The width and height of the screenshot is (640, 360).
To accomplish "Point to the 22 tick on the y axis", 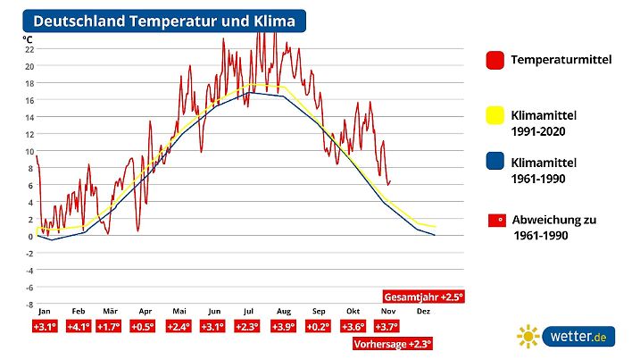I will click(29, 49).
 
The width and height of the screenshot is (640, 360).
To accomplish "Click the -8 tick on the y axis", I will click(29, 304).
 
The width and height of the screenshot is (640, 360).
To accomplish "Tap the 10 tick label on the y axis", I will click(29, 151).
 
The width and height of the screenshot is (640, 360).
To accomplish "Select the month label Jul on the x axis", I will click(248, 311).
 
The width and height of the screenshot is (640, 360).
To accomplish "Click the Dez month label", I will click(424, 311).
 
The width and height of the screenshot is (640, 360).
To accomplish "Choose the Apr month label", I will click(145, 311).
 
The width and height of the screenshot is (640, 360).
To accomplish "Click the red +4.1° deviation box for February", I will click(79, 327).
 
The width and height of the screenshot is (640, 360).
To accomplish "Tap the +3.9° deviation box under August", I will click(283, 327).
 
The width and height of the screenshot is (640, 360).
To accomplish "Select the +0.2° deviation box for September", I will click(318, 327).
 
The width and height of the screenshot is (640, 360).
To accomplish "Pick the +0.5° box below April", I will click(144, 327).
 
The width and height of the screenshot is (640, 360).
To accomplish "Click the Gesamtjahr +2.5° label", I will click(424, 296).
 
